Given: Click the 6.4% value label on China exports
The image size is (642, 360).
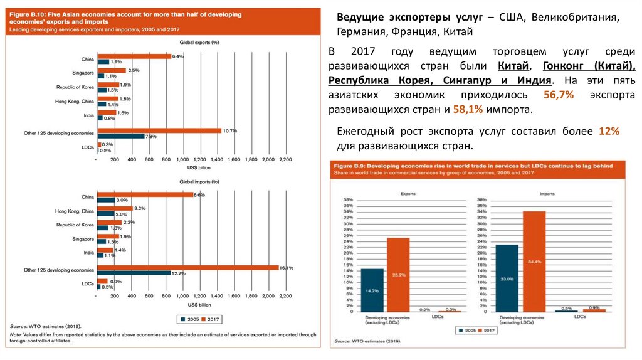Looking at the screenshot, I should tap(177, 56).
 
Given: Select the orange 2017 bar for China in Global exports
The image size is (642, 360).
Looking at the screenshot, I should tap(134, 56).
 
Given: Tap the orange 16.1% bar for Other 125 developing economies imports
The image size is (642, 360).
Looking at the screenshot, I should tap(187, 268).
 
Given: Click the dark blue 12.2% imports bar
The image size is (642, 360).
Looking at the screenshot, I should tap(134, 273).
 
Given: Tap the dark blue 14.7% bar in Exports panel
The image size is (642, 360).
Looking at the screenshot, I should tap(372, 290).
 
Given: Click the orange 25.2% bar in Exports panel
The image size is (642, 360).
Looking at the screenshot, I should tap(398, 275).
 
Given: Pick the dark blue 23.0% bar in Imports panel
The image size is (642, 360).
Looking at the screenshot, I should tap(507, 278).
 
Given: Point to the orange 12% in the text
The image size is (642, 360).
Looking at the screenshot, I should tap(608, 131).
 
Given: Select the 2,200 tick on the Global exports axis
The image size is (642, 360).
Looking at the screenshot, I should tap(285, 160).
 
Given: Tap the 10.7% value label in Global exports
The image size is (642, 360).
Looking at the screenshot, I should tap(229, 130).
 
